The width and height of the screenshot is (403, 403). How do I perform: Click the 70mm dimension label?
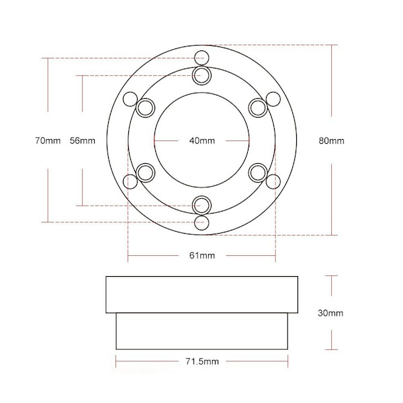coord(48,140)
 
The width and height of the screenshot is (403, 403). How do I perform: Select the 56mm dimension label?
coord(83,140)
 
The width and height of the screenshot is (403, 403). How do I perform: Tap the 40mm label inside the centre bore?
coord(202,140)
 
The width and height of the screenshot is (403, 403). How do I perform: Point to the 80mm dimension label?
coord(332,140)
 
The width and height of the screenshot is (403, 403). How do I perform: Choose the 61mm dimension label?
coord(202,255)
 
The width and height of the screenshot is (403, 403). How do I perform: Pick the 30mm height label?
coord(330,313)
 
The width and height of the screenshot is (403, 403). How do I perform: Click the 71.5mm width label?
coord(202,361)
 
